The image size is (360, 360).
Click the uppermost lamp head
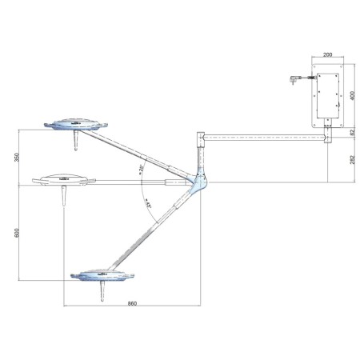(76, 123)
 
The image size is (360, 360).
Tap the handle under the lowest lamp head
(102, 294)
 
